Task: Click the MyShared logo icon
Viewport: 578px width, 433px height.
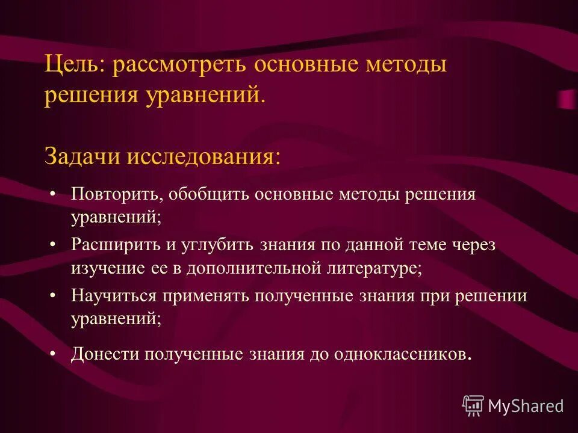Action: coord(473,406)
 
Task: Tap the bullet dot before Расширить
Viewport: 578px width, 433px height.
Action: coord(54,245)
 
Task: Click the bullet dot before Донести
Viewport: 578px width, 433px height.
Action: coord(54,354)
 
